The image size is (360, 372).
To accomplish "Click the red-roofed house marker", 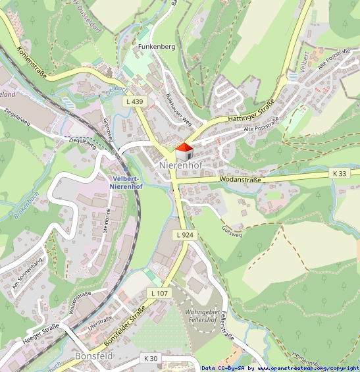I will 184,151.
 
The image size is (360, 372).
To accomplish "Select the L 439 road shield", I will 133,101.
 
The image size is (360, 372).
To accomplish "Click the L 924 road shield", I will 185,235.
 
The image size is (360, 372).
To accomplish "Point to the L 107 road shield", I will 159,292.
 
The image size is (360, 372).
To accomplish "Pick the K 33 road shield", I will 339,173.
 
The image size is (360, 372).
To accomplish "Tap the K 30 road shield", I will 150,358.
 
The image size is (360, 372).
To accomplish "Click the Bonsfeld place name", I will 94,356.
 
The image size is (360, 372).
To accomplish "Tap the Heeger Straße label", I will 41,331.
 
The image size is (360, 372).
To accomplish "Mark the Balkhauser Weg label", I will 178,107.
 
